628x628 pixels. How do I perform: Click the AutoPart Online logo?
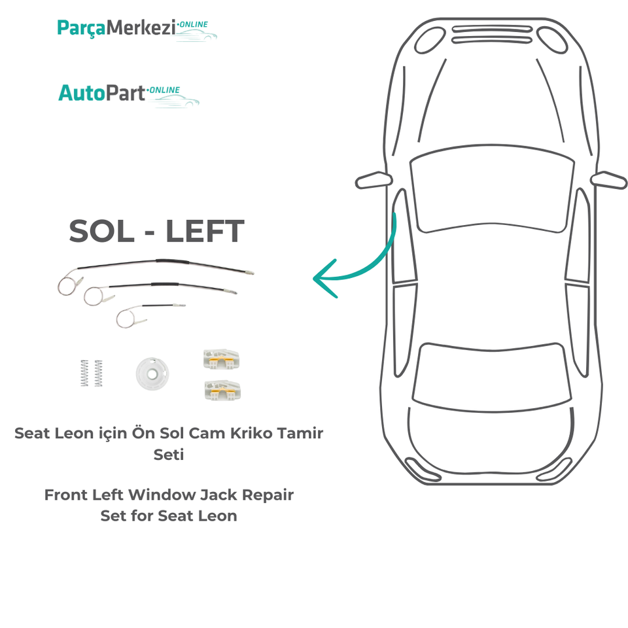coord(128,93)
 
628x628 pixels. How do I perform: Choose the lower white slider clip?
coord(221,389)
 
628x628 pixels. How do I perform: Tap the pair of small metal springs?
coord(92,373)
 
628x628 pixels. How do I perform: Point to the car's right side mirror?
coord(608,179)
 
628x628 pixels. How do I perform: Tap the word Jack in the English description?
coord(218,495)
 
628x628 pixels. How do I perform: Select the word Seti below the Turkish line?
coord(169,454)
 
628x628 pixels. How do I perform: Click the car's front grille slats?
coord(488,34)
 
